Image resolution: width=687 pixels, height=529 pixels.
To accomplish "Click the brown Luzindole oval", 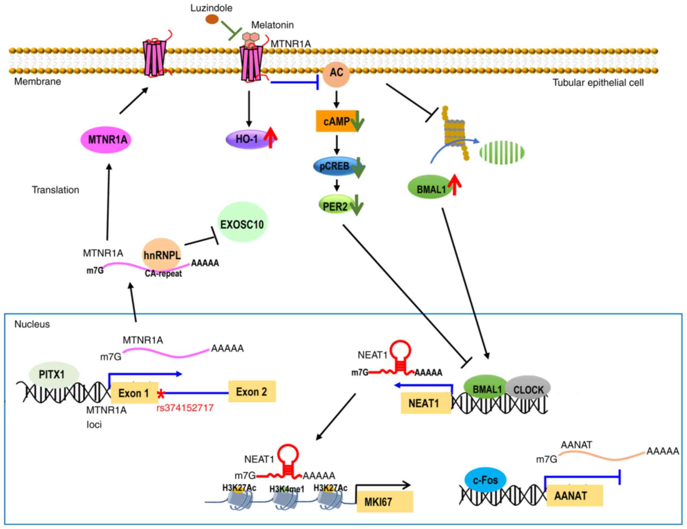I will pos(212,19).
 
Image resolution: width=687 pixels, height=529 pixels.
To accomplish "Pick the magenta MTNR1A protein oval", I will pos(106,140).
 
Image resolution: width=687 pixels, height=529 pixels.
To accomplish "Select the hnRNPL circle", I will pos(162,255).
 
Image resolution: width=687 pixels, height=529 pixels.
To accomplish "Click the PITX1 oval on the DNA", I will pos(54,374).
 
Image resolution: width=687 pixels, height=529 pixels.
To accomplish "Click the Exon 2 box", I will pos(252,392).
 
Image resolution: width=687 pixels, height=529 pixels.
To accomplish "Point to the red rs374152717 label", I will pos(185,408).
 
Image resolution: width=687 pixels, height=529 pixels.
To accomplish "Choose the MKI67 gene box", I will pos(385,502).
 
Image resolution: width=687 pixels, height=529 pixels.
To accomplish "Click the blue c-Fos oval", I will pos(485,480).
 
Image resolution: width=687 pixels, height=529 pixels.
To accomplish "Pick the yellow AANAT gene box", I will pos(574,496).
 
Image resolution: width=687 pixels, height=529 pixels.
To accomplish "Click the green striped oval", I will pos(502,152).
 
